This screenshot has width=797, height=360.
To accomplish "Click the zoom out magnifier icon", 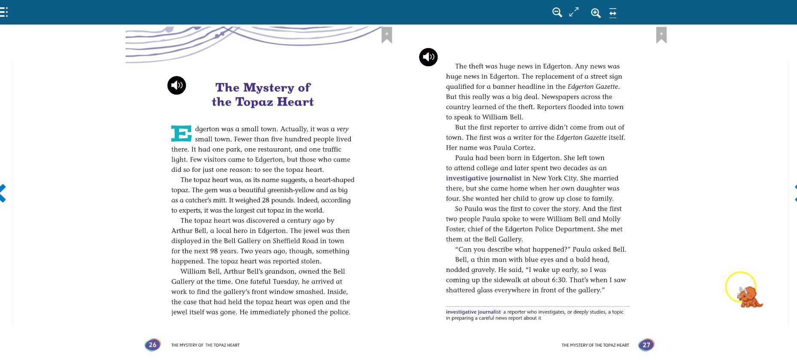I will tap(557, 12).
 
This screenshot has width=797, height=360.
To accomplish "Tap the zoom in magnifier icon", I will tap(596, 13).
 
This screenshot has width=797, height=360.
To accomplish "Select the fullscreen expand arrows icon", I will tap(574, 12).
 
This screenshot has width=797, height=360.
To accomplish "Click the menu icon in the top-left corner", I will tap(4, 12).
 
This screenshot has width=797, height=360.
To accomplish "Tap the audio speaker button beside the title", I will tap(176, 85).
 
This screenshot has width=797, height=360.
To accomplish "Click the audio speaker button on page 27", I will tap(428, 57).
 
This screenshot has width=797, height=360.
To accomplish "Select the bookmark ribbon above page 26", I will tap(386, 35).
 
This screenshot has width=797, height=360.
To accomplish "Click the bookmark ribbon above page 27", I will tap(661, 35).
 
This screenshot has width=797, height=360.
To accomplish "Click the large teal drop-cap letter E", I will tap(181, 134).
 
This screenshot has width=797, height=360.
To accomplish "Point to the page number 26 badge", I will tap(152, 345).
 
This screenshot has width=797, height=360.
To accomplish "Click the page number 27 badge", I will tap(646, 345).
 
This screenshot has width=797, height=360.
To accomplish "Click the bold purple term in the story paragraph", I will tap(484, 178).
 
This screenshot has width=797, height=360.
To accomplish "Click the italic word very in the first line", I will tap(343, 129).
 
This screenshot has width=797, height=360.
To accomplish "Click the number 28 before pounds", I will tap(265, 200).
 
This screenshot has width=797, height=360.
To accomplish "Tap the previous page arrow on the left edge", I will tap(3, 193).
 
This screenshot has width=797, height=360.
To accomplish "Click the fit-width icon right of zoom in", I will tap(613, 13).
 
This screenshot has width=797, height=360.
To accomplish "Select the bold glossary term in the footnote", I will tap(473, 312).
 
